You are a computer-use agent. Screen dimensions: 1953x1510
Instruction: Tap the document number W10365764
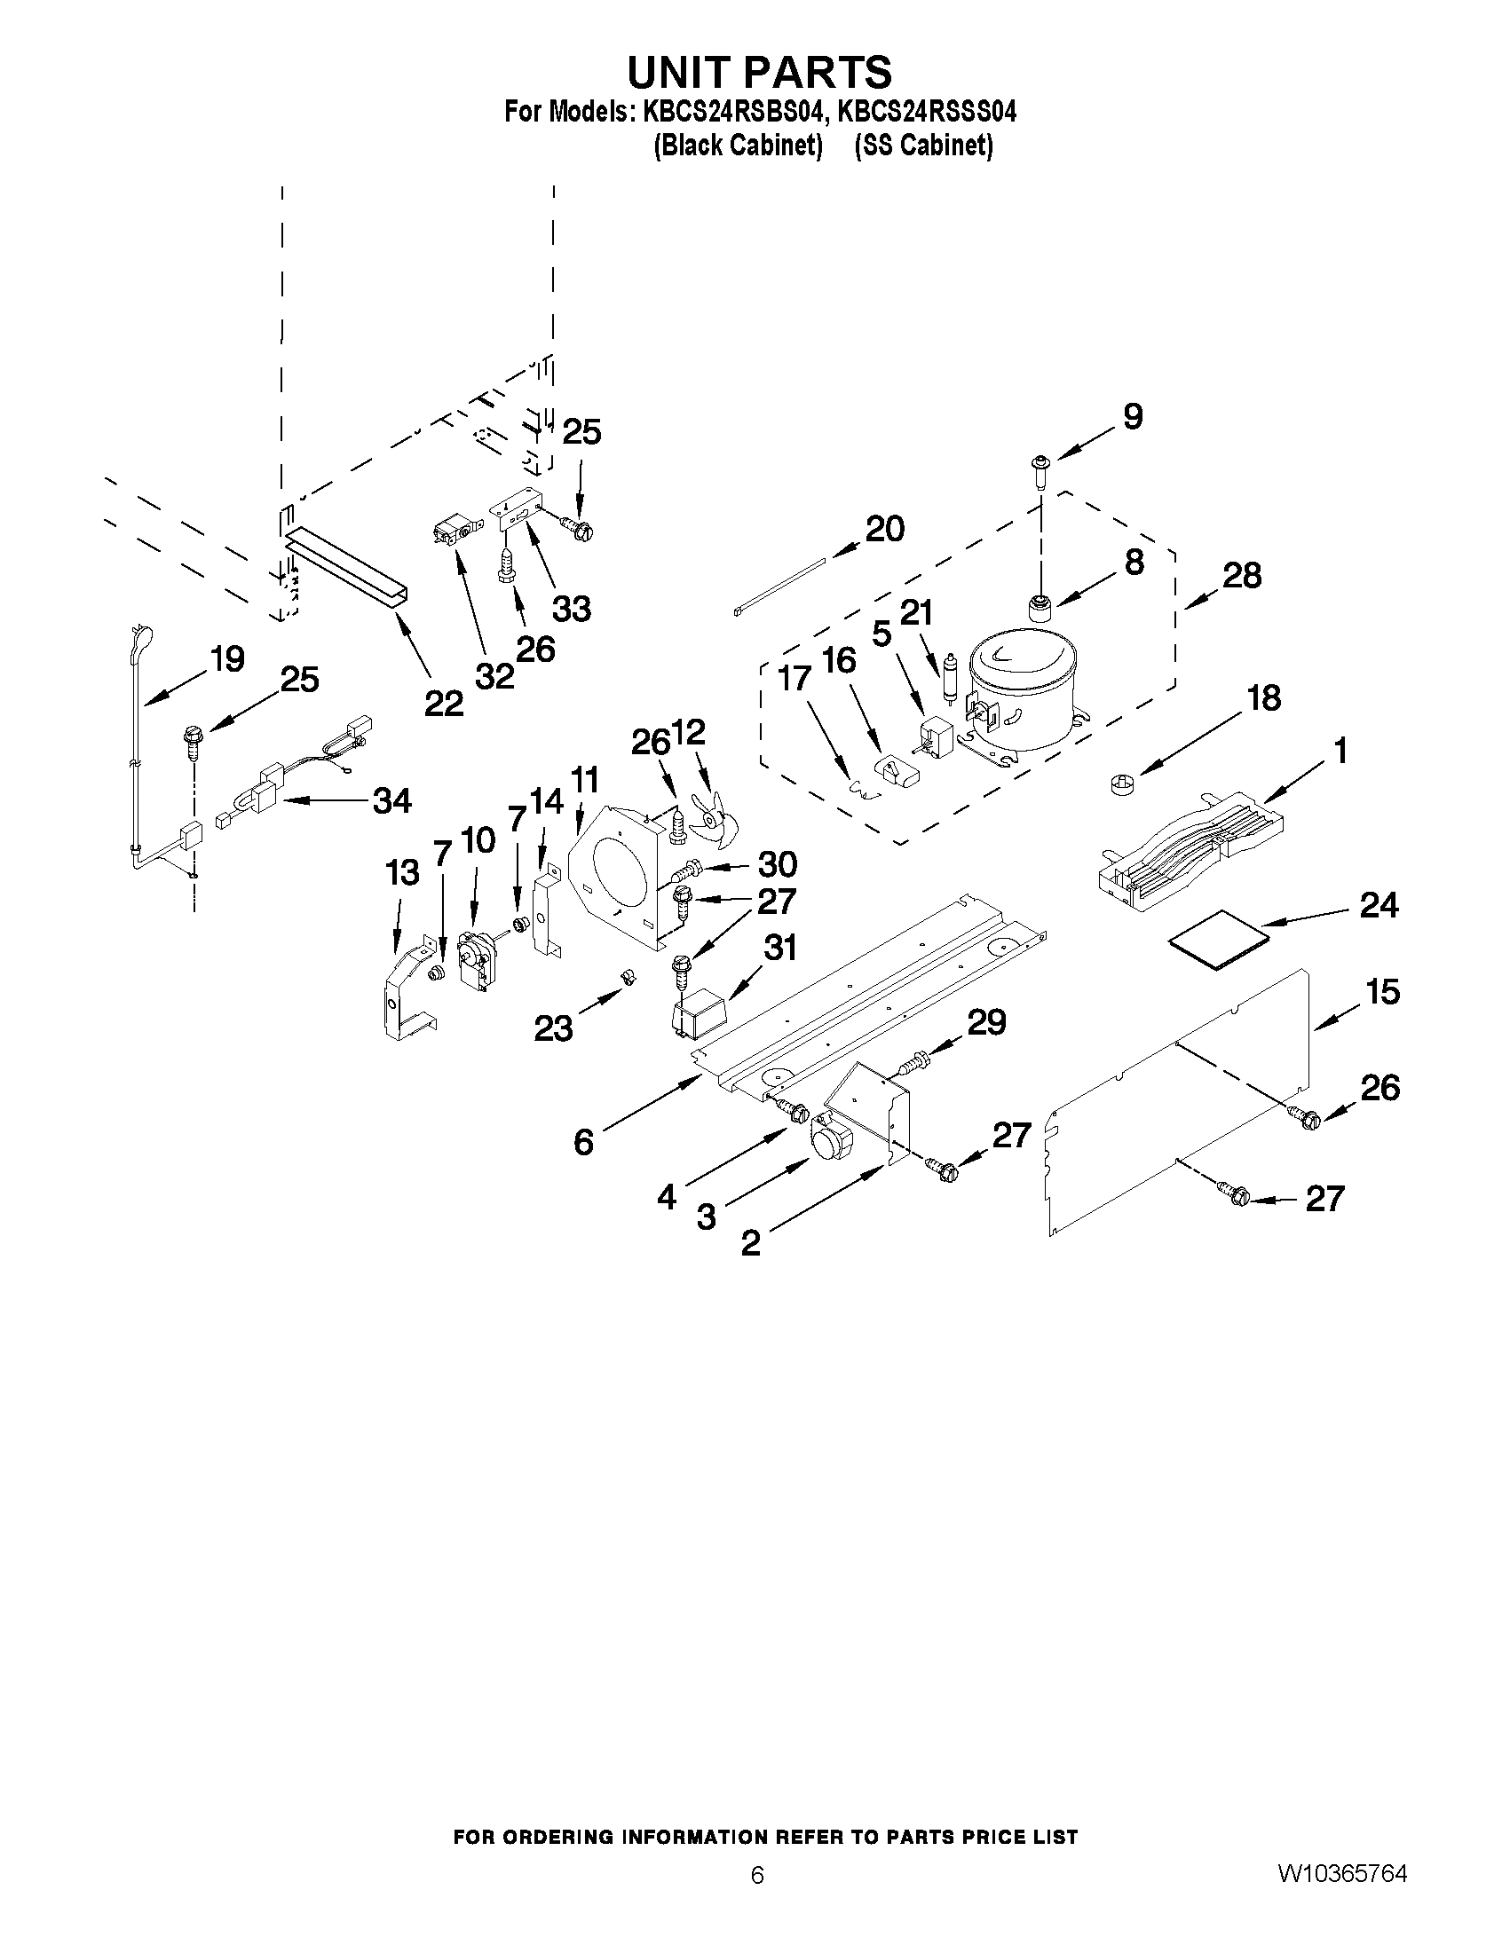(1342, 1874)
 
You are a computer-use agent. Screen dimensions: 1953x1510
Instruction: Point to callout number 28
(1242, 575)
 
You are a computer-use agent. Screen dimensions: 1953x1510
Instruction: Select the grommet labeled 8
(1040, 610)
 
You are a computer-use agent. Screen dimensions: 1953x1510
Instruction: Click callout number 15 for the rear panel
(1383, 992)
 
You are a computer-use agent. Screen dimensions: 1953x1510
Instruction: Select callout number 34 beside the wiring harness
(391, 799)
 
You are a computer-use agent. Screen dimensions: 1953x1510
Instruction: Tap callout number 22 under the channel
(444, 704)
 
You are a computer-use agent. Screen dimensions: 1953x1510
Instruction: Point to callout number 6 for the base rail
(583, 1142)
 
